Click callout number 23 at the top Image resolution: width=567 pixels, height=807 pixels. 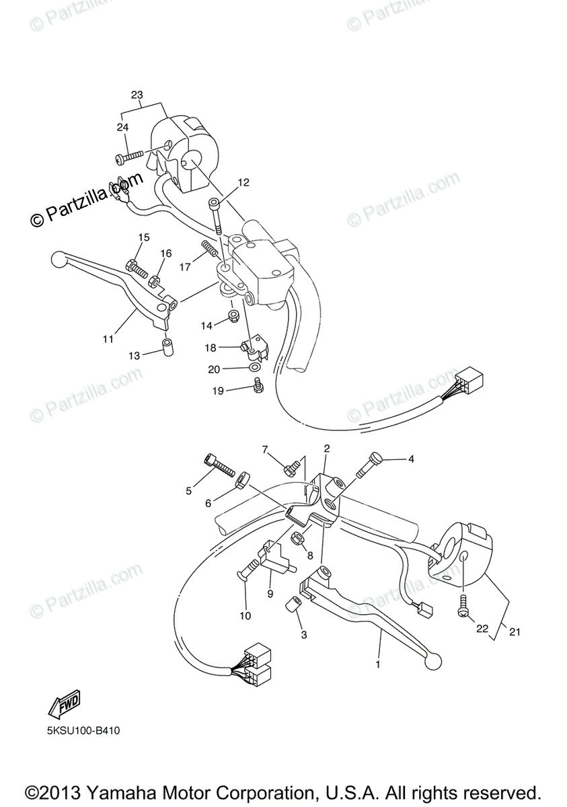tap(137, 95)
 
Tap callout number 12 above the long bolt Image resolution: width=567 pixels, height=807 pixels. tap(243, 182)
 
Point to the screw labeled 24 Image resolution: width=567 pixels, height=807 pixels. tap(130, 157)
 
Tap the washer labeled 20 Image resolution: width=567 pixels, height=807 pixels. tap(253, 368)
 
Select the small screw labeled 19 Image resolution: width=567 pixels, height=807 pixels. tap(257, 385)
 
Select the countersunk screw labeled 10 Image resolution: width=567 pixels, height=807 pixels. tap(245, 572)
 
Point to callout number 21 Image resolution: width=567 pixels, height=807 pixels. tap(515, 632)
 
